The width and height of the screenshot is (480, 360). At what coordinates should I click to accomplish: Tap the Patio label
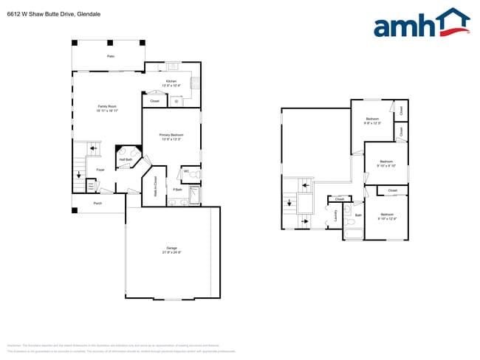111,56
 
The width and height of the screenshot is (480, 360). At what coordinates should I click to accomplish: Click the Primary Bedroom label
171,135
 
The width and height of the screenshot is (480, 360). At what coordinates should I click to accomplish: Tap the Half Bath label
126,159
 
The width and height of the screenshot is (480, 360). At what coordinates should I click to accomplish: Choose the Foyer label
100,170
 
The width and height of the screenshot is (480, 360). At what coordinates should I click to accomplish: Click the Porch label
97,203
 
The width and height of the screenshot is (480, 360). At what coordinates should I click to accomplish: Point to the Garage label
171,249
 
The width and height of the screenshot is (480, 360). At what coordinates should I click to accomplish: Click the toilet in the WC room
196,173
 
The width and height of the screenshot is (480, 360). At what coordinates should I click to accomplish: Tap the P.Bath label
178,190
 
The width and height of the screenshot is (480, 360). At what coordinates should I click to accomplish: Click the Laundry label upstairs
336,215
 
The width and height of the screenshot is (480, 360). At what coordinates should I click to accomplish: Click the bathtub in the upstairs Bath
354,235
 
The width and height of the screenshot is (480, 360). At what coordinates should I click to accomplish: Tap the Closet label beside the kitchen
154,101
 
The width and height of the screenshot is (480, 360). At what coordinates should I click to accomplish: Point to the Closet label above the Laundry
339,199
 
